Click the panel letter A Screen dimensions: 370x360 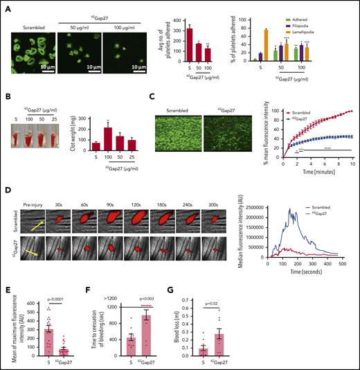coord(7,6)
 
